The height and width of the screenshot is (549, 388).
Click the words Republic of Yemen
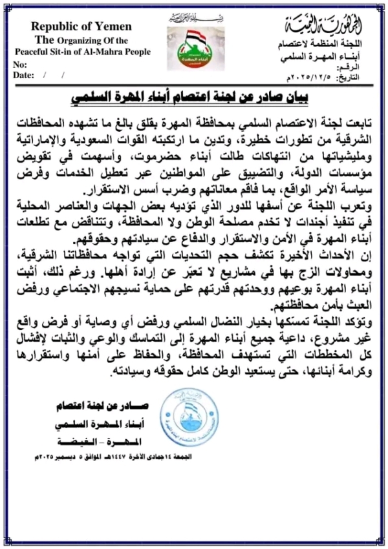[x=81, y=26]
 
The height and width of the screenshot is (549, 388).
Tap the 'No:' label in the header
[x=21, y=65]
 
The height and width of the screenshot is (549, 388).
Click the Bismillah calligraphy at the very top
[x=192, y=16]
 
